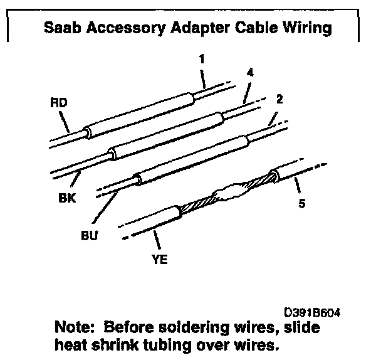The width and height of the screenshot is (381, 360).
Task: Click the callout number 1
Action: click(x=202, y=60)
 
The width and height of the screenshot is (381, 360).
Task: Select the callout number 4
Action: click(x=250, y=73)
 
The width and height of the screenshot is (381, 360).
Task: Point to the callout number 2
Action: click(x=279, y=99)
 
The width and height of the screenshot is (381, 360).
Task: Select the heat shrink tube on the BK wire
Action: click(x=164, y=134)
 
